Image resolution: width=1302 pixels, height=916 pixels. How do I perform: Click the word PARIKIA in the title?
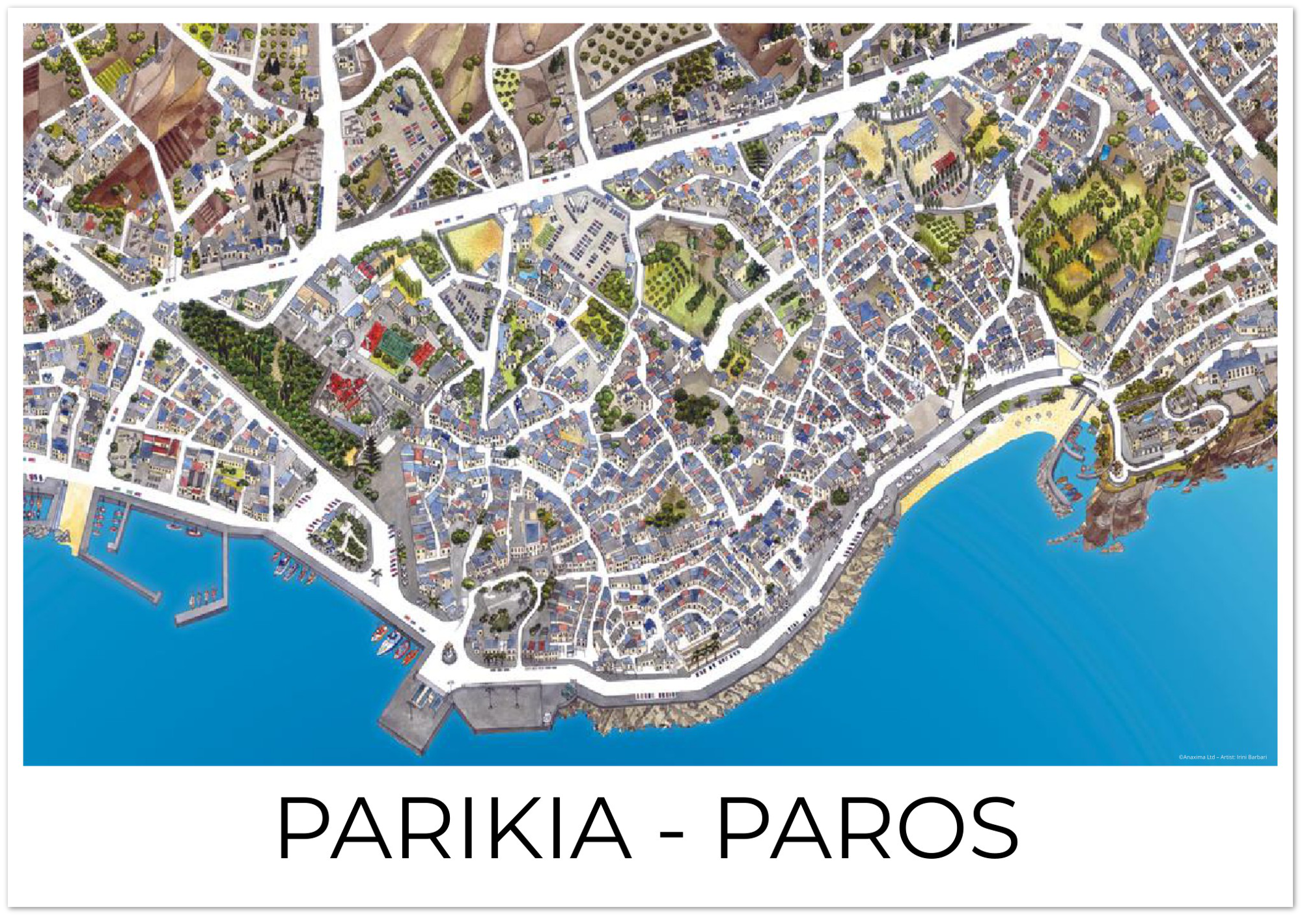click(x=454, y=828)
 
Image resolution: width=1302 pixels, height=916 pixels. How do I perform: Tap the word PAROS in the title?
click(x=867, y=828)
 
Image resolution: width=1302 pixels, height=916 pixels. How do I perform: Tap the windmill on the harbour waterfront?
click(x=376, y=576)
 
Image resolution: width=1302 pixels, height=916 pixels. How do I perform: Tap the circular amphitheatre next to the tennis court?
click(x=343, y=338)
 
